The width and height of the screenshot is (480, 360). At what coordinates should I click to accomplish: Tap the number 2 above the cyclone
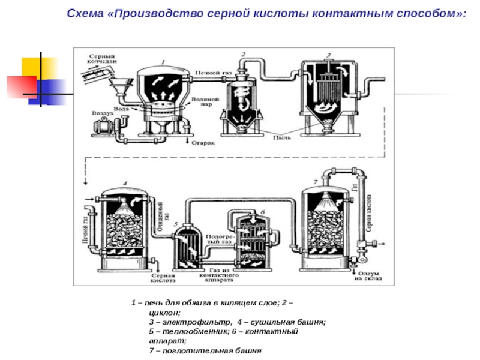pyautogui.click(x=244, y=55)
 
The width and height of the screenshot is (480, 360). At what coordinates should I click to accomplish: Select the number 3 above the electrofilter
pyautogui.click(x=328, y=55)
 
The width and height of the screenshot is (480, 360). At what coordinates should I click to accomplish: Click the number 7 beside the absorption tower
pyautogui.click(x=315, y=181)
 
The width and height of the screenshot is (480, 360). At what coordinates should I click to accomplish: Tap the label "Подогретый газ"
pyautogui.click(x=214, y=239)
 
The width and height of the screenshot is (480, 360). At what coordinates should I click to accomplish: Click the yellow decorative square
pyautogui.click(x=40, y=68)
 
